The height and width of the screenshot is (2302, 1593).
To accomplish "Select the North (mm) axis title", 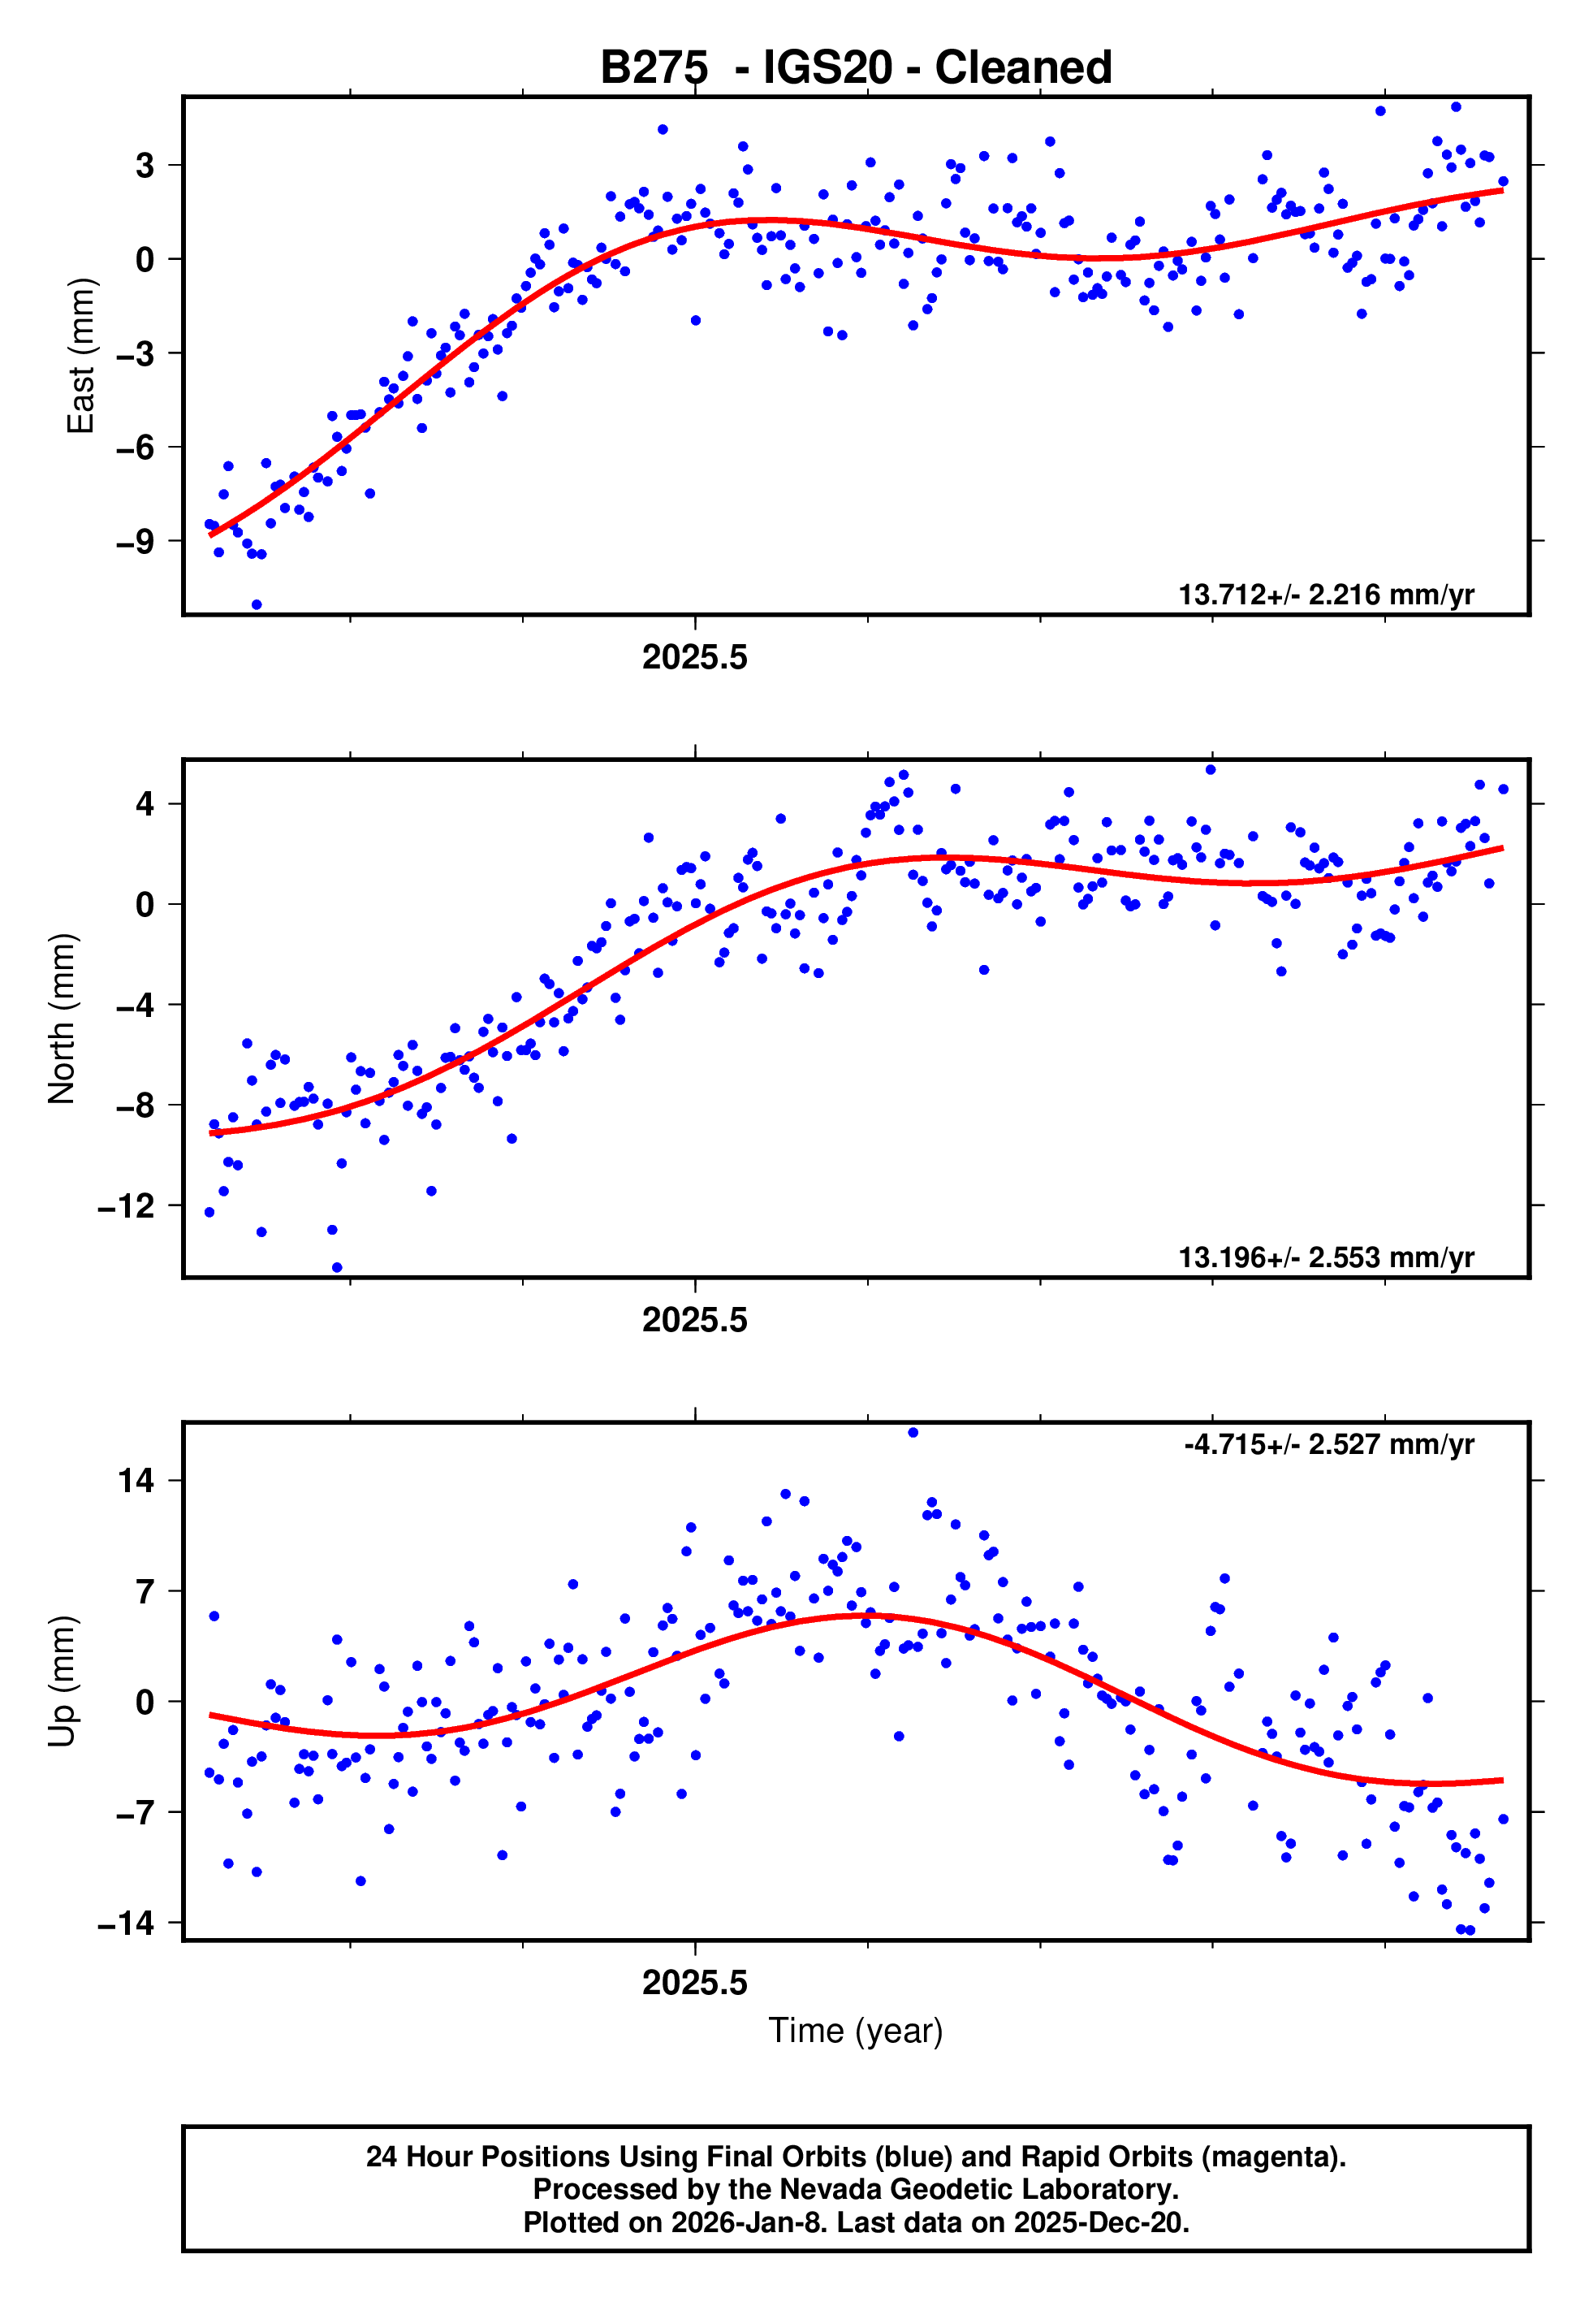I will click(x=62, y=1019).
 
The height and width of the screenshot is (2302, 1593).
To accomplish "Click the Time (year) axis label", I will click(x=856, y=2031).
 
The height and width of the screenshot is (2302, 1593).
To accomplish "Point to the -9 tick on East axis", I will click(x=135, y=542).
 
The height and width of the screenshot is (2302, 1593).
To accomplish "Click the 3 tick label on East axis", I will click(x=145, y=166).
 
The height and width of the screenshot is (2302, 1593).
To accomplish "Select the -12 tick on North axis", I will click(x=126, y=1207).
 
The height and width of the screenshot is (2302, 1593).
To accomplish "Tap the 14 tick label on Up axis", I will click(x=136, y=1481).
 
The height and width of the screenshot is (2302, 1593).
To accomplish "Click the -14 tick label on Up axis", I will click(x=126, y=1923).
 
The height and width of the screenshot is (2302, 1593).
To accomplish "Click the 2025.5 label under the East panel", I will click(x=695, y=658).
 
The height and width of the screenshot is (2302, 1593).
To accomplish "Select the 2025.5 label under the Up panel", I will click(x=695, y=1983).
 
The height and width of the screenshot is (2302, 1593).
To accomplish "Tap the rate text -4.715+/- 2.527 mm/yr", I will click(x=1328, y=1444).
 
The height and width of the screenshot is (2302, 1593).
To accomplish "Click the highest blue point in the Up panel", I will click(x=913, y=1433).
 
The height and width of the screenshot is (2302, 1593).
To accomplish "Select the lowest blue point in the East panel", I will click(x=257, y=605).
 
